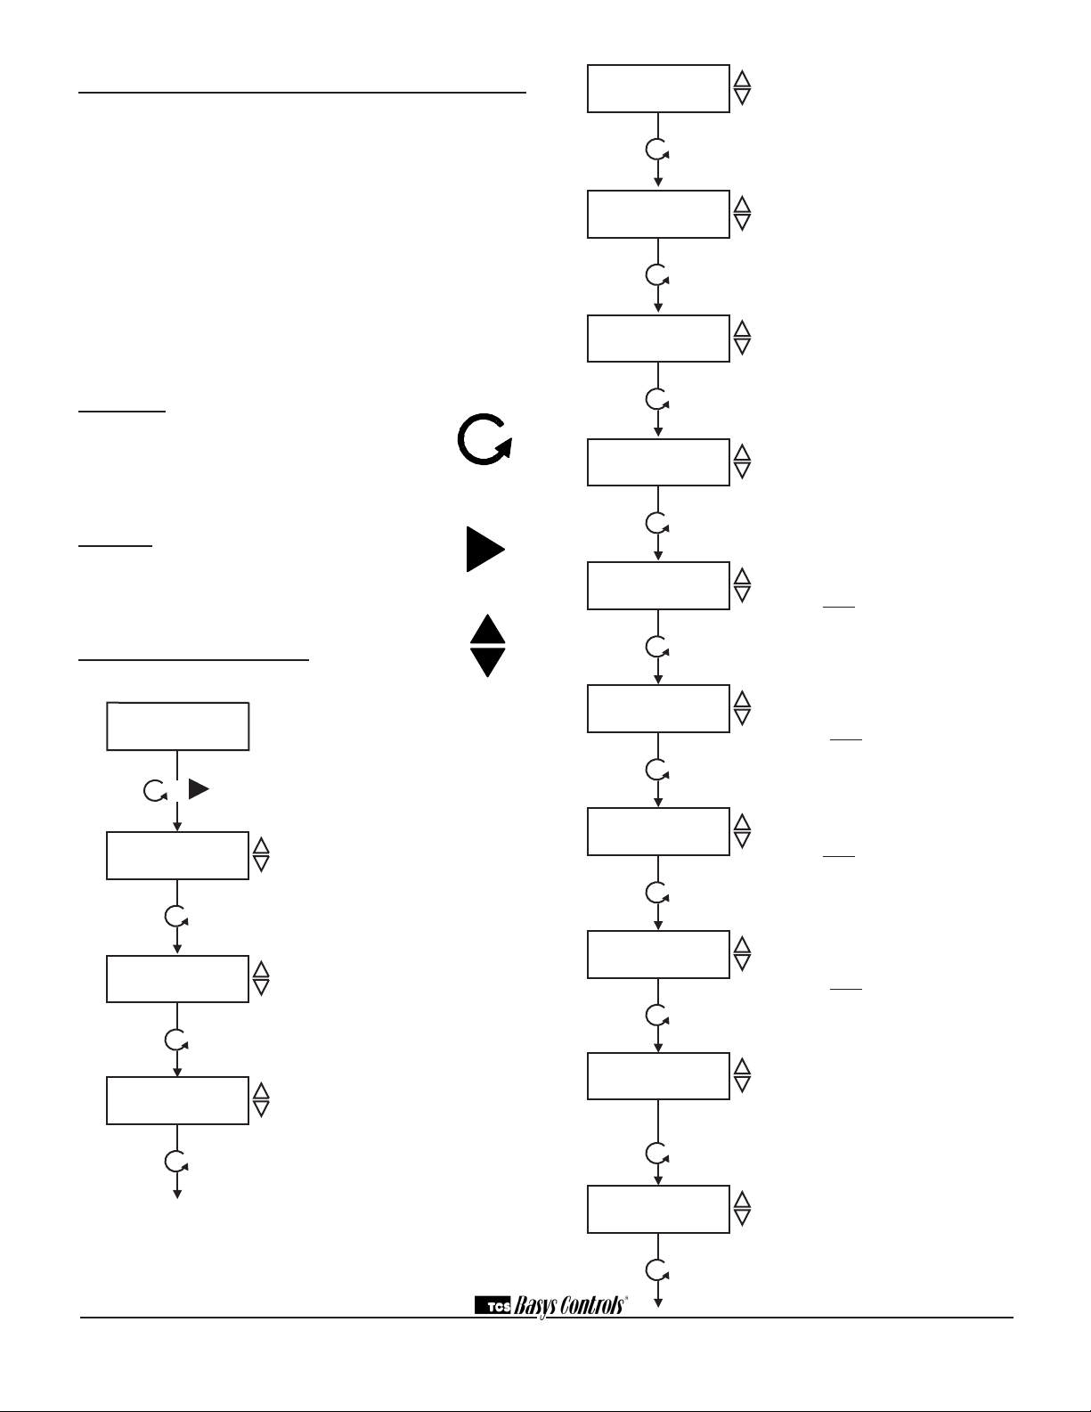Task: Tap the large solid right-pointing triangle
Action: (x=484, y=549)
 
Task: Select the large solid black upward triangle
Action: (x=487, y=629)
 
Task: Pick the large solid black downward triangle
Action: (x=487, y=661)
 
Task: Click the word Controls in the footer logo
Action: (x=593, y=1306)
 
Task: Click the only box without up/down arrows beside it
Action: (x=177, y=726)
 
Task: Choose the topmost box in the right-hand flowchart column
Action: (x=658, y=88)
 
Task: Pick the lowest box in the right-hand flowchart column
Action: (x=658, y=1209)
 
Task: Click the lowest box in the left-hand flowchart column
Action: (x=177, y=1100)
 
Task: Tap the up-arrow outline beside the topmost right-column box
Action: (x=742, y=79)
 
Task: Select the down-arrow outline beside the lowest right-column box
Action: (x=742, y=1218)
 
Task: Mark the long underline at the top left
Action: (x=303, y=91)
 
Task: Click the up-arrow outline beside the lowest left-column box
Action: (x=261, y=1091)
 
